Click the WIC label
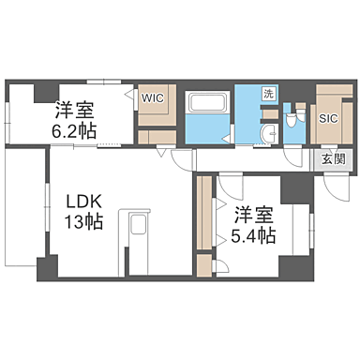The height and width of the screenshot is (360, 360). pyautogui.click(x=152, y=97)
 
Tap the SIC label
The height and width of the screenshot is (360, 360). pyautogui.click(x=328, y=118)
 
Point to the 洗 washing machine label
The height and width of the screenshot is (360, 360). pyautogui.click(x=269, y=95)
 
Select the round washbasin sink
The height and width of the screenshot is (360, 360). pyautogui.click(x=267, y=132)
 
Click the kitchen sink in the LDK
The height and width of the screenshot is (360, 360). pyautogui.click(x=137, y=226)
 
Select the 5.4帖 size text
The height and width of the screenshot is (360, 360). pyautogui.click(x=254, y=236)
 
